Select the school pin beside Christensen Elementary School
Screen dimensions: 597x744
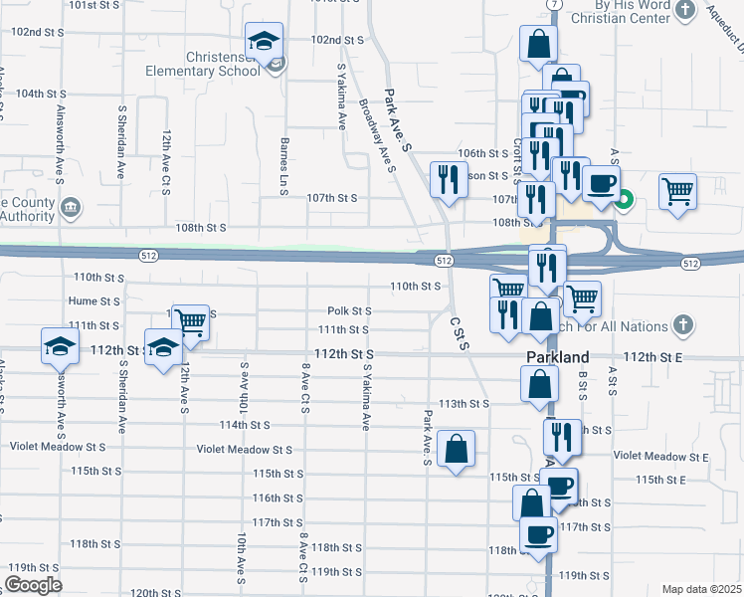(x=265, y=41)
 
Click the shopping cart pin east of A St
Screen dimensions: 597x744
(x=677, y=189)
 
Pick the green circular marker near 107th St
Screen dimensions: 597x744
(x=624, y=198)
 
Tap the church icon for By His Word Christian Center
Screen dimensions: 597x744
(x=684, y=10)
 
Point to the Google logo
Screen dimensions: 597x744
(x=34, y=584)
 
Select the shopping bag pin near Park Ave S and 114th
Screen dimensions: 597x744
(x=456, y=448)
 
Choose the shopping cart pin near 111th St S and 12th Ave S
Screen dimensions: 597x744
(x=190, y=322)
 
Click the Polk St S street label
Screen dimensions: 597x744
(x=350, y=311)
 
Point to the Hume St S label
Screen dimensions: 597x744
(x=93, y=300)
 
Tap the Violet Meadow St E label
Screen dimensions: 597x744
(x=660, y=456)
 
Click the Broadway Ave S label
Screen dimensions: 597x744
(x=377, y=134)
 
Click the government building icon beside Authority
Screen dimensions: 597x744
(x=71, y=207)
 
